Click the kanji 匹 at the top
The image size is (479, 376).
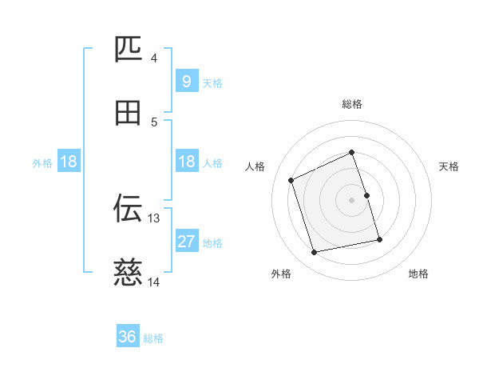click(x=128, y=50)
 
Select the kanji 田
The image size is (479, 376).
click(x=128, y=113)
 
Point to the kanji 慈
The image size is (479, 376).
click(x=128, y=272)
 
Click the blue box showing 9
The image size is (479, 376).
click(x=186, y=81)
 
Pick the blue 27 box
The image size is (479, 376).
click(x=186, y=242)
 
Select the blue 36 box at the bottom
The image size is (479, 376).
click(x=127, y=337)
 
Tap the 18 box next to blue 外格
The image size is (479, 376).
click(x=69, y=162)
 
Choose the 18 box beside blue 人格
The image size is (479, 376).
click(x=186, y=162)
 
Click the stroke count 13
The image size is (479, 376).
click(x=154, y=218)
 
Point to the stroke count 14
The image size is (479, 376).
click(x=154, y=282)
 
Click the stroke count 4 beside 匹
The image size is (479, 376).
click(x=154, y=58)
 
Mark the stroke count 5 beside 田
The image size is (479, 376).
click(x=154, y=122)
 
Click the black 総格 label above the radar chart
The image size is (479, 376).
click(x=352, y=104)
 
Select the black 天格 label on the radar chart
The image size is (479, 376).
click(x=449, y=166)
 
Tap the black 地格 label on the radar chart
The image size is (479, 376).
click(x=418, y=274)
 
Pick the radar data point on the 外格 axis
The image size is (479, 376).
click(x=315, y=253)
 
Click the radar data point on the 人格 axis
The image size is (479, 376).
click(x=292, y=180)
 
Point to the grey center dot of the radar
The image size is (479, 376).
click(x=352, y=200)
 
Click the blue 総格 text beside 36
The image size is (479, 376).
click(x=153, y=338)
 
